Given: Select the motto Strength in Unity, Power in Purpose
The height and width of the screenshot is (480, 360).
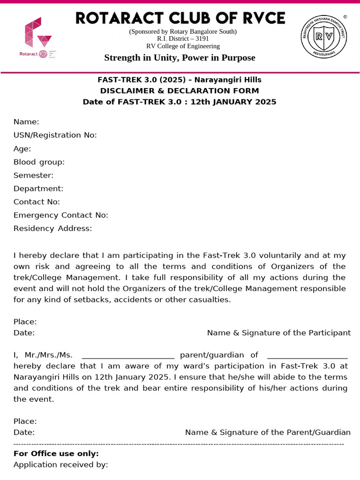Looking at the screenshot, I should [x=180, y=58].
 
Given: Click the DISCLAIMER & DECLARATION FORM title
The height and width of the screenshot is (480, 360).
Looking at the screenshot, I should [x=180, y=91].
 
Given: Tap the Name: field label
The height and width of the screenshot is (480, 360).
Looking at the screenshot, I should [x=26, y=122].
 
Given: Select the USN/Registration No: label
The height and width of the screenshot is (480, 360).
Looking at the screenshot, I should [x=55, y=135].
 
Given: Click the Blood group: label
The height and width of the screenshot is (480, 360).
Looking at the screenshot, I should [x=39, y=162].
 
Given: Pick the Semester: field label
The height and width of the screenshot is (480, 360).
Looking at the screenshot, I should [x=33, y=175].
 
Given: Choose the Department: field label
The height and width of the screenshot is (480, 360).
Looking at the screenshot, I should [x=38, y=188].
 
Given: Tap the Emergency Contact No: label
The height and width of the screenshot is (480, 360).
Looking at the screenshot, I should [x=61, y=215].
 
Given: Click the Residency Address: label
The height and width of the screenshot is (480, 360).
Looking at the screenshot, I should [x=52, y=228].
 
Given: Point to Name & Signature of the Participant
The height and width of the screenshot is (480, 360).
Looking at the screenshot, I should [x=278, y=333].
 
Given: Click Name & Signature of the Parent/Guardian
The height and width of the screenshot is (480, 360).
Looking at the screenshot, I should [x=268, y=432].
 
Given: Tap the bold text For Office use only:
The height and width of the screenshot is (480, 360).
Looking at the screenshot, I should [x=56, y=453].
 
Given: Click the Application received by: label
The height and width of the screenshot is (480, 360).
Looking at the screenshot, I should [x=60, y=465].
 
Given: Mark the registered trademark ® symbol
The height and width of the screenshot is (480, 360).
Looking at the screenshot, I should [x=345, y=16].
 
